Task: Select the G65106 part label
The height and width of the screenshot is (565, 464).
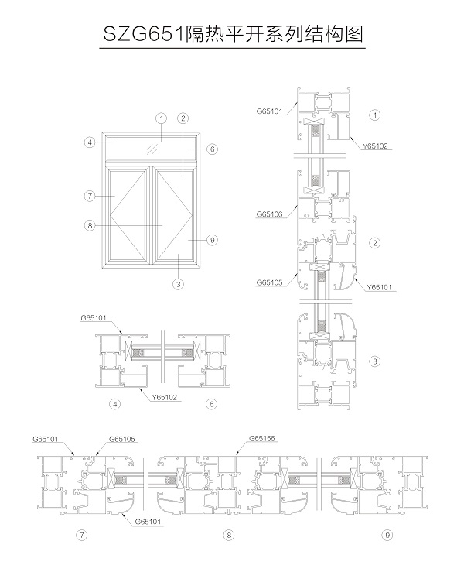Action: tap(269, 214)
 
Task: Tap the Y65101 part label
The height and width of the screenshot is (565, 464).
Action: tap(380, 287)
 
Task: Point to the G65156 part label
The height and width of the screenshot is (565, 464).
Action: tap(262, 439)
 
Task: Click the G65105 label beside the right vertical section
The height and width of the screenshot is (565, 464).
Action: tap(268, 282)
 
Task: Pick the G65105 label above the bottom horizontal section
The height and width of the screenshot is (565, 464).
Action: tap(122, 439)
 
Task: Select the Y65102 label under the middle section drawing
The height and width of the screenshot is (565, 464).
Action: tap(165, 397)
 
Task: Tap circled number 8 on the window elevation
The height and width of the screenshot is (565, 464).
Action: tap(90, 226)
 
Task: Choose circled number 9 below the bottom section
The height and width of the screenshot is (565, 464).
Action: tap(387, 535)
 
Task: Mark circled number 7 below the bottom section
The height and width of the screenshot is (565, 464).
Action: tap(80, 535)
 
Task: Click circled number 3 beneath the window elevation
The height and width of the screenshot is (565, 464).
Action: tap(179, 284)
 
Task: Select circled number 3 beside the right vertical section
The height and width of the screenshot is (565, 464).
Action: tap(375, 361)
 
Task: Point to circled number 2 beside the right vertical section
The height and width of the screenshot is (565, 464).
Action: tap(375, 243)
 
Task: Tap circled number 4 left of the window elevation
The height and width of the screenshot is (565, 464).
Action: tap(90, 142)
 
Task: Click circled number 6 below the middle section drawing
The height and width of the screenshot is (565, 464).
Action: tap(211, 404)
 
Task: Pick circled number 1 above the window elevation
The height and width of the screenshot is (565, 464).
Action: tap(161, 118)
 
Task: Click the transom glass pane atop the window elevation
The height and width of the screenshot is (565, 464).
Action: tap(152, 147)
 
